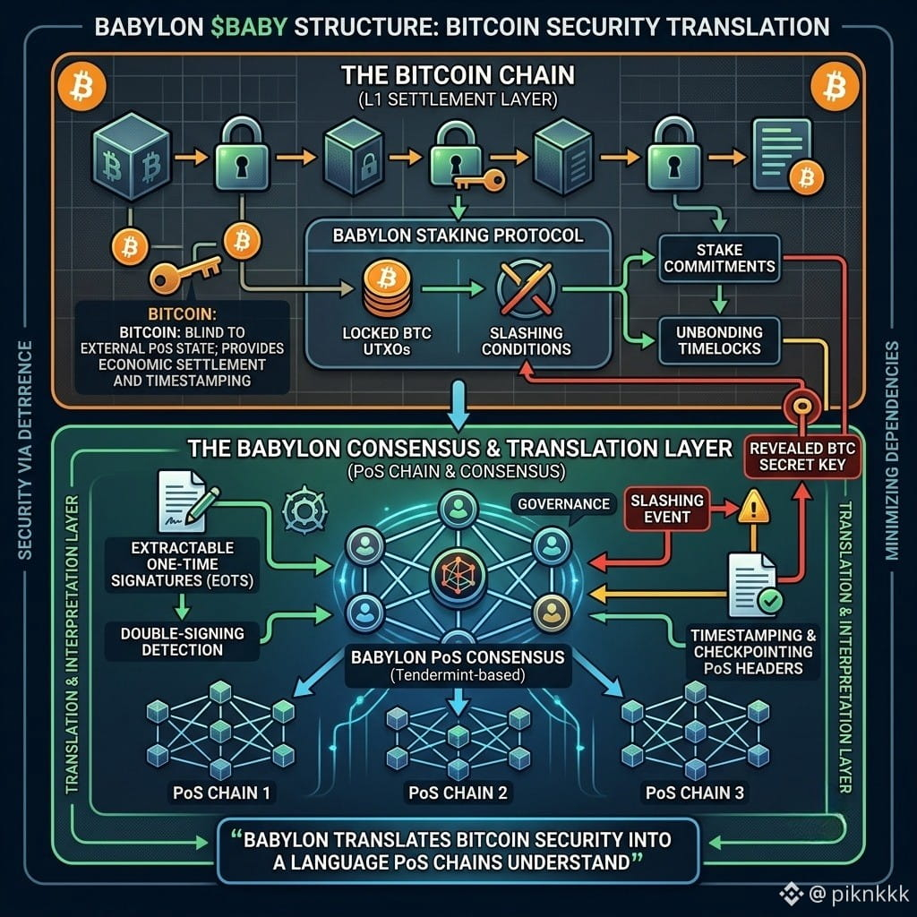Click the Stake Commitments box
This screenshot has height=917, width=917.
(x=719, y=259)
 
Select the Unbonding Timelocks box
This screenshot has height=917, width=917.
(x=719, y=340)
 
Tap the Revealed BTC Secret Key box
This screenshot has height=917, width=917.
(x=802, y=457)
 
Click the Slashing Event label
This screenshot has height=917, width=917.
(x=666, y=509)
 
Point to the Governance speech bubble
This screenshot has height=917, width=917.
(x=563, y=505)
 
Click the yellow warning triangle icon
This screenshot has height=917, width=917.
(x=754, y=507)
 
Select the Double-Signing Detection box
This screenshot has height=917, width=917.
(x=182, y=641)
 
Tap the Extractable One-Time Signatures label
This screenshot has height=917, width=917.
(x=182, y=564)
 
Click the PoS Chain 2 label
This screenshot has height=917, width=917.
(x=458, y=793)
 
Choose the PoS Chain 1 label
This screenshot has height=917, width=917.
(x=222, y=793)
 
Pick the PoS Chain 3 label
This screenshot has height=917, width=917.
(x=695, y=793)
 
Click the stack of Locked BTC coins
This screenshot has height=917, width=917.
(x=387, y=289)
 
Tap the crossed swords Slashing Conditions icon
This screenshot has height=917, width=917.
(x=526, y=289)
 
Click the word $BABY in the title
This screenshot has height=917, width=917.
(x=249, y=27)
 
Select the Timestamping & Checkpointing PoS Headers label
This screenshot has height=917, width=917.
(x=753, y=652)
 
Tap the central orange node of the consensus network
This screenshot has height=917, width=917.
(x=458, y=574)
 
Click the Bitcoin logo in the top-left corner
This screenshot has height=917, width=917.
(x=81, y=87)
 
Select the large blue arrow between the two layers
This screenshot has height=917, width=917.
(x=458, y=406)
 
